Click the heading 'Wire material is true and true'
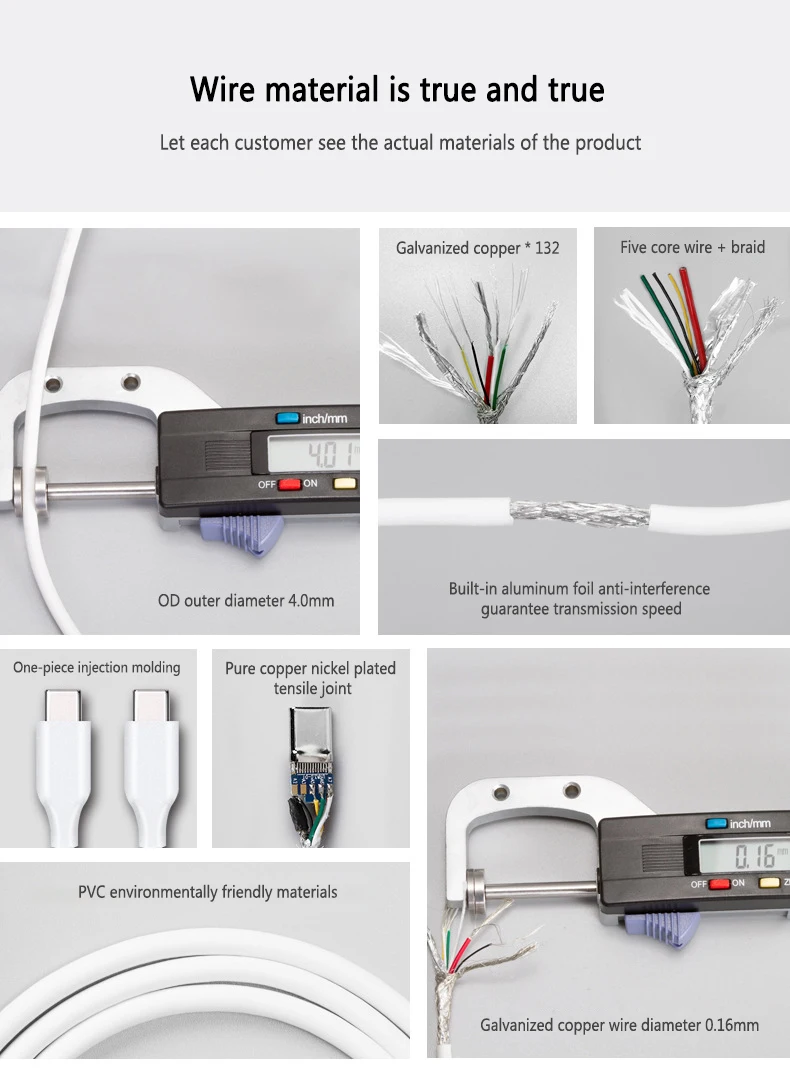pos(397,90)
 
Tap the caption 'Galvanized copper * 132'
pos(477,248)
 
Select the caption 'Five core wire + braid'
pos(692,247)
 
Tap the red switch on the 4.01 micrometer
pos(289,484)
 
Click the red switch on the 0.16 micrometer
pos(719,883)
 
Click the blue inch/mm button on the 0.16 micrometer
pos(716,824)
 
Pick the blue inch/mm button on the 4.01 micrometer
pos(287,418)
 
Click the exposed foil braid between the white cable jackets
pos(580,514)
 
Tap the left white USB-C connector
pos(63,768)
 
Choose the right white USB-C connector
pos(151,768)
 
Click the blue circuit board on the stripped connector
pos(313,781)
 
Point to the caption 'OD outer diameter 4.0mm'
pos(246,600)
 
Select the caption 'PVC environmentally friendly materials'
pos(207,892)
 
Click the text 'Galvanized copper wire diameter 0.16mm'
pos(620,1025)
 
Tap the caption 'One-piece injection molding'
pos(97,668)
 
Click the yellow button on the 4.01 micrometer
pos(345,484)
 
